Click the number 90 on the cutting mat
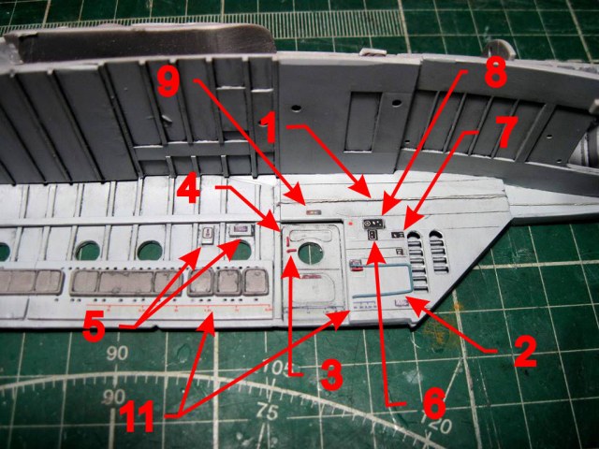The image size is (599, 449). point(117,354)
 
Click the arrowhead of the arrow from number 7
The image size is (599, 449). point(411,223)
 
